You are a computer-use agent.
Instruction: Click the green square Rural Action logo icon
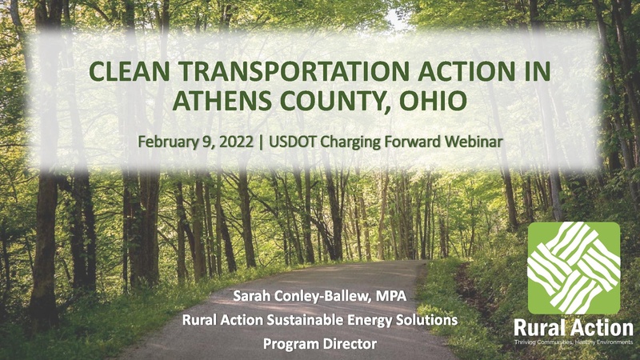click(x=574, y=268)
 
